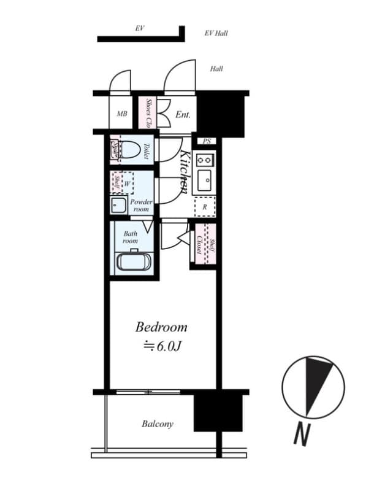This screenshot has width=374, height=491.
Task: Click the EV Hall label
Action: tap(216, 33)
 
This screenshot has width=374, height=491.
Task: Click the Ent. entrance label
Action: tap(183, 115)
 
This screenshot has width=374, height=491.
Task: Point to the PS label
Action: tap(207, 141)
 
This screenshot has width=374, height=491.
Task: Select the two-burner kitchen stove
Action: tap(204, 159)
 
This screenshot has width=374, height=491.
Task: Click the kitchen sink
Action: tap(205, 180)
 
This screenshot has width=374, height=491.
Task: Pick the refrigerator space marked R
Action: tap(204, 207)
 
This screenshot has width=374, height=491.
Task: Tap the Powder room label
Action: tap(140, 205)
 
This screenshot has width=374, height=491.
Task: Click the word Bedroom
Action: tap(161, 327)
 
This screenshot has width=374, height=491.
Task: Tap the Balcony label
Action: tap(158, 423)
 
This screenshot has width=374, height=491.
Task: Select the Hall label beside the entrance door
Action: tap(216, 69)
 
